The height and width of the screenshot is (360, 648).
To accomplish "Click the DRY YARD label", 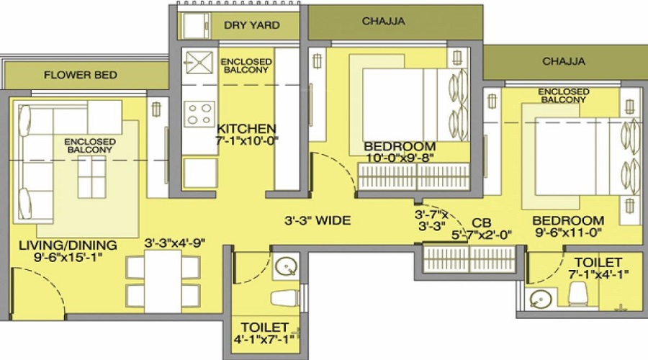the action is pyautogui.click(x=252, y=25).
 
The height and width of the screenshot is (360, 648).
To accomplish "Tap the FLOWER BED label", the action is pyautogui.click(x=81, y=75).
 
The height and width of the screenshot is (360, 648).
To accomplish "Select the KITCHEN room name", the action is pyautogui.click(x=246, y=129).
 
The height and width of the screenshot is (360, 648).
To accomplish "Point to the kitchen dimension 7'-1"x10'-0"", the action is pyautogui.click(x=247, y=140).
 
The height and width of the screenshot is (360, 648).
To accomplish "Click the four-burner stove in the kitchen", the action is pyautogui.click(x=199, y=114).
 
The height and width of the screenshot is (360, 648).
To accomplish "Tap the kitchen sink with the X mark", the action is pyautogui.click(x=199, y=63).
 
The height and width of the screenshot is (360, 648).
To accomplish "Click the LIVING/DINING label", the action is pyautogui.click(x=68, y=245).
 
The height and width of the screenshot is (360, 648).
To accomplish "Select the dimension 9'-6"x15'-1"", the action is pyautogui.click(x=68, y=257).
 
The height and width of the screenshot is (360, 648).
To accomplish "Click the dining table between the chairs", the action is pyautogui.click(x=163, y=281).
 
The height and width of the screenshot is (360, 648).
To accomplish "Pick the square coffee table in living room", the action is pyautogui.click(x=91, y=177).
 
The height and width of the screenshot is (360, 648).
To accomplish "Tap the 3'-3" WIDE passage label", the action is pyautogui.click(x=318, y=221).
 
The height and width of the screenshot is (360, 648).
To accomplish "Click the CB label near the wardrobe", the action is pyautogui.click(x=482, y=224).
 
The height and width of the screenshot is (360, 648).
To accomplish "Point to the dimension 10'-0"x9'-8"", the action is pyautogui.click(x=400, y=158).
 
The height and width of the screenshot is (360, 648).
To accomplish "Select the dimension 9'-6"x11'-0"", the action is pyautogui.click(x=569, y=233).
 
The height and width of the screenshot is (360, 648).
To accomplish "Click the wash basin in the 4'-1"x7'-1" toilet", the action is pyautogui.click(x=286, y=266).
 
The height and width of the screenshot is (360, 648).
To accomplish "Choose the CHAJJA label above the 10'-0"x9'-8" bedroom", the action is pyautogui.click(x=383, y=21).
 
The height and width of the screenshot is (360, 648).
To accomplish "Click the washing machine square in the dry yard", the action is pyautogui.click(x=197, y=26).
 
